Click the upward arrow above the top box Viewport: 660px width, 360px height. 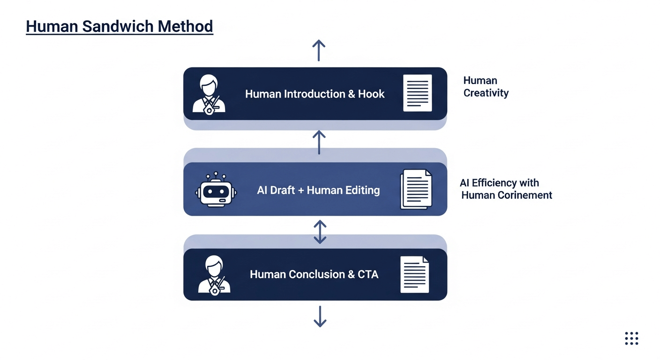319,50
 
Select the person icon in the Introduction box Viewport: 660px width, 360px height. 209,94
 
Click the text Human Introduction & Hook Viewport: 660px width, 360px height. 315,94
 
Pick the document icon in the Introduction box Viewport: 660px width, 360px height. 417,93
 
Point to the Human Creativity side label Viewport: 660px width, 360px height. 486,87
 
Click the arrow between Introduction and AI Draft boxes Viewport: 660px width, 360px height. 319,142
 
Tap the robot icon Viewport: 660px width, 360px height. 216,190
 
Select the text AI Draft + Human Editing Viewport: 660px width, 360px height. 318,190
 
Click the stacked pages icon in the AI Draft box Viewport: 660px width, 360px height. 416,189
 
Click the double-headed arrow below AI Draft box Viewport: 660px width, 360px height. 320,232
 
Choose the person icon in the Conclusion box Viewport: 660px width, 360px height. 214,275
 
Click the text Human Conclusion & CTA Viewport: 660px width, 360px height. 314,274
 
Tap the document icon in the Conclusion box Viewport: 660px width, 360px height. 414,274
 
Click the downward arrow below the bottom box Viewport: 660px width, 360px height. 320,316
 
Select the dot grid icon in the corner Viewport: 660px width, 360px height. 631,338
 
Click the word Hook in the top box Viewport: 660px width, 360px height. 371,94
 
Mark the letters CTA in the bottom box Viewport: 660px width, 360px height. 368,274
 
